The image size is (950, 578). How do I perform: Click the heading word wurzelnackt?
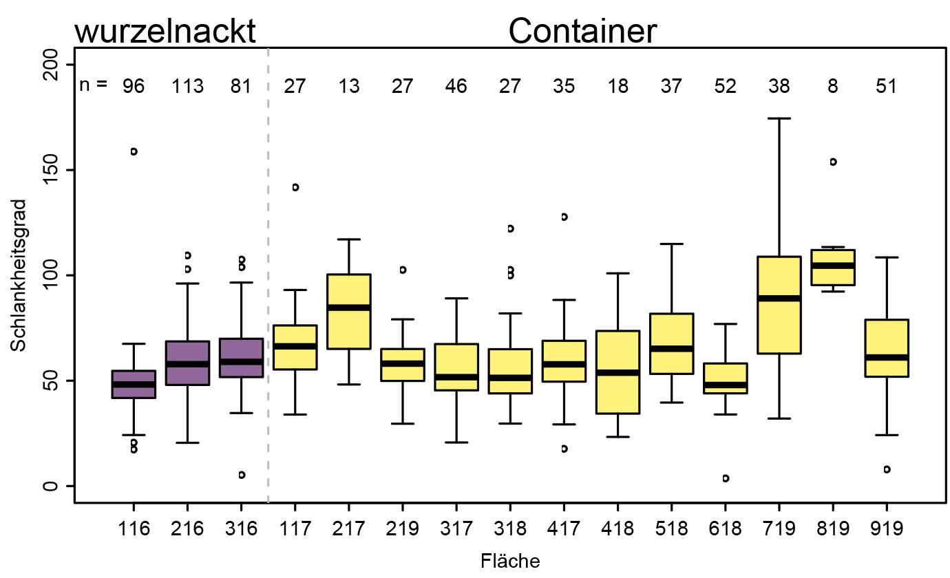pos(165,32)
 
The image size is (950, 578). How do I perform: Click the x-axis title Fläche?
pos(509,561)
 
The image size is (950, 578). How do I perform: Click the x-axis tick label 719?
pos(779,528)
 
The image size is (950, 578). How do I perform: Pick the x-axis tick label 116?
pos(134,528)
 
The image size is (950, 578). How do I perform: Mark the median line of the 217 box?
pos(348,307)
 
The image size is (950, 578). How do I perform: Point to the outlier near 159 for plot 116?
pos(134,151)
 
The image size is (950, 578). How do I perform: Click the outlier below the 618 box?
pos(726,478)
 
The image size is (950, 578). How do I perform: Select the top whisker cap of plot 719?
pos(779,118)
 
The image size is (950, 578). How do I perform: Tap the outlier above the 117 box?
pos(295,187)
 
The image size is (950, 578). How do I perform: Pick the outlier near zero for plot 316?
pos(242,475)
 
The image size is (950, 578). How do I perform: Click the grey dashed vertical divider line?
pos(268,275)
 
